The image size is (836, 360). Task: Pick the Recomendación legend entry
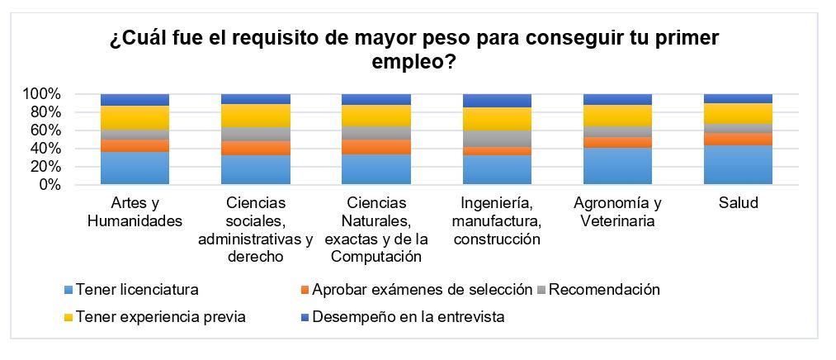603,290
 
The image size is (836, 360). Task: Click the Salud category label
738,203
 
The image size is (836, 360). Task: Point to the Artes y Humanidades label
135,211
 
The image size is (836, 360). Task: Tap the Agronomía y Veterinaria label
617,211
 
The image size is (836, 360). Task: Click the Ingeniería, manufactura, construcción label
497,221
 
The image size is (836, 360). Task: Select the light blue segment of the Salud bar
738,165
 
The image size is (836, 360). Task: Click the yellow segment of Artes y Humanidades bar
135,117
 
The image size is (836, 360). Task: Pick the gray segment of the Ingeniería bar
497,139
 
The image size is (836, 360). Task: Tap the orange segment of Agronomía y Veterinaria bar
617,142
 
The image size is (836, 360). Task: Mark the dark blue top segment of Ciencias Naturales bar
376,99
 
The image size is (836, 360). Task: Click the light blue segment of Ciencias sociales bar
255,170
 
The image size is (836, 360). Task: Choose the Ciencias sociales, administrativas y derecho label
255,230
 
